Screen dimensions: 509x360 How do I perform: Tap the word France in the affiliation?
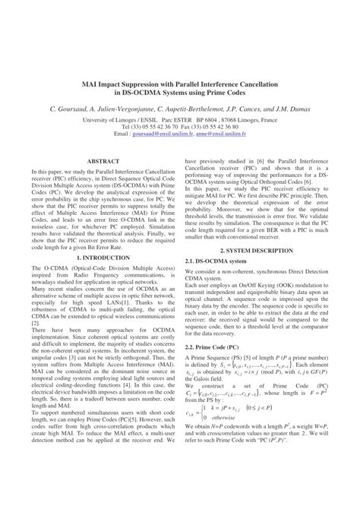267,119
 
